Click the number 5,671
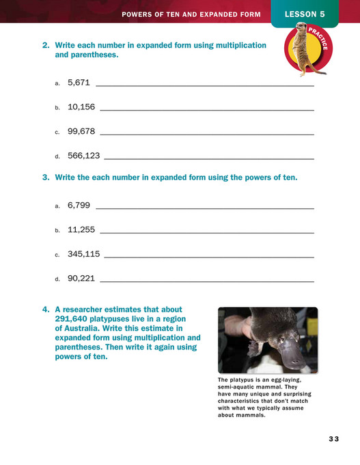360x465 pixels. point(79,83)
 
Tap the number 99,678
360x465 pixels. point(81,131)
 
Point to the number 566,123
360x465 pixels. point(84,156)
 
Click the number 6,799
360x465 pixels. point(79,205)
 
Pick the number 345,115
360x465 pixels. point(84,254)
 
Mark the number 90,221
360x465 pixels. point(81,279)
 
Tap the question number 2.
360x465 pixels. point(45,46)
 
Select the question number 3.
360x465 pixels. point(45,178)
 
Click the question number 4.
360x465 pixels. point(45,309)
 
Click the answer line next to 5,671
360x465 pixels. point(205,86)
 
